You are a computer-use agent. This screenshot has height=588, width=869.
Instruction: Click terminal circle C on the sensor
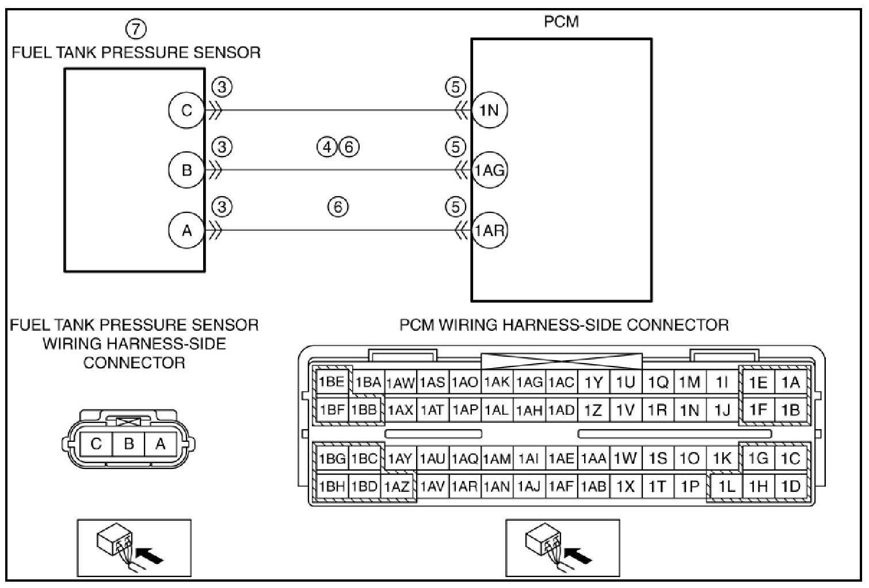pos(186,110)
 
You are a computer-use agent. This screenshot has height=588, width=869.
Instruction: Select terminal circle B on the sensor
pos(186,170)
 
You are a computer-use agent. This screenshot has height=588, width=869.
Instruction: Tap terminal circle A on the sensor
pos(186,231)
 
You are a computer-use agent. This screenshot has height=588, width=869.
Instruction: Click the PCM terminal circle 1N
pos(489,110)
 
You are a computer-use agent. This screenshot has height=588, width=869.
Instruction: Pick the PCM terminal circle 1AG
pos(489,170)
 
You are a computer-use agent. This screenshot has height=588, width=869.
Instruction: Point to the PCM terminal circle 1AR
pos(489,231)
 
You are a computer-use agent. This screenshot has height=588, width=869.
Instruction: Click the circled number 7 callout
pos(136,28)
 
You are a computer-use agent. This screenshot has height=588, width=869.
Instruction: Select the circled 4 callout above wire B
pos(326,148)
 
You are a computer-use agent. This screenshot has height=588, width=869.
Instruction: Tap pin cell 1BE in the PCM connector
pos(331,382)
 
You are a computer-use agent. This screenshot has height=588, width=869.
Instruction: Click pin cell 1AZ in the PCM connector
pos(397,487)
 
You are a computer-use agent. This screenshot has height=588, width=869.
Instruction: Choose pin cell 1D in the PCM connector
pos(791,487)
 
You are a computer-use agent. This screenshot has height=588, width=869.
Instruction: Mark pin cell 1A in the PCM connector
pos(791,382)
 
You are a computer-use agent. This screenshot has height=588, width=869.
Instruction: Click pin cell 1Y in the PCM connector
pos(593,382)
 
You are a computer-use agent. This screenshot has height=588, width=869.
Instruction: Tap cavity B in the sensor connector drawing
pos(129,444)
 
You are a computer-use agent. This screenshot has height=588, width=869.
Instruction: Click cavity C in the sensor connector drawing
pos(96,444)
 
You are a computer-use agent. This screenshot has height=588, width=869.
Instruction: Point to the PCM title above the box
pos(561,22)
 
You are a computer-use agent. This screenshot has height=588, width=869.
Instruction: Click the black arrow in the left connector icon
pos(151,556)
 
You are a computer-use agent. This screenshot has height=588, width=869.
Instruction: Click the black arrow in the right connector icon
pos(580,556)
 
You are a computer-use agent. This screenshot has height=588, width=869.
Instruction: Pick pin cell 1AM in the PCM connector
pos(497,459)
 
